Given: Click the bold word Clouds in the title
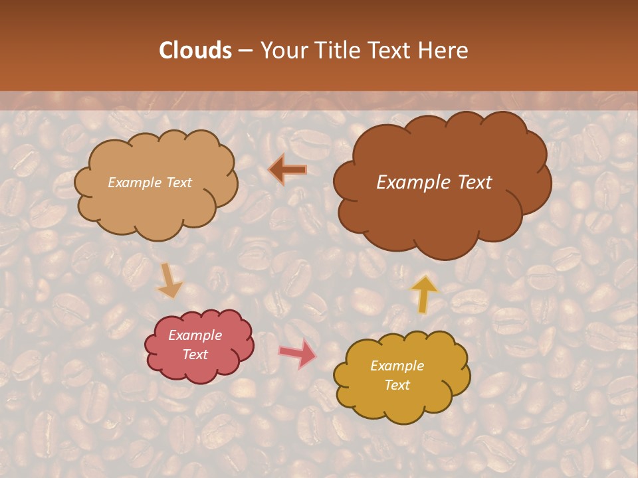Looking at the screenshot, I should pos(195,50).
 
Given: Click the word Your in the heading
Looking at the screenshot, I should pos(284,50).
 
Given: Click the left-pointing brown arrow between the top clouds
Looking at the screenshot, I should pos(288,170).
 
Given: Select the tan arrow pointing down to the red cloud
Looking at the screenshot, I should pos(169,281).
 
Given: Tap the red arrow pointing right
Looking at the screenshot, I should pos(298,353).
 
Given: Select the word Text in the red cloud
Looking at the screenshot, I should pos(195,355).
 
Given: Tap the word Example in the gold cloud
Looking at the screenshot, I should pos(397,366).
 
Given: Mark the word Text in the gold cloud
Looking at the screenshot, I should pos(397,385).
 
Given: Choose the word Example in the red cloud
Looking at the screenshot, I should pos(195,335).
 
